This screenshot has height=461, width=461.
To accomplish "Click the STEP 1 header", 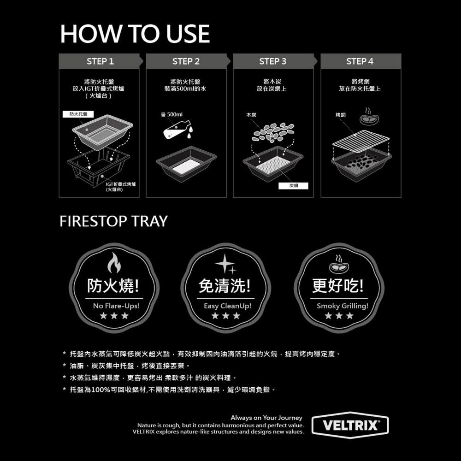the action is [x=100, y=61].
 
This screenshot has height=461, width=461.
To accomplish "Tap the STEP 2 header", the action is [x=186, y=61].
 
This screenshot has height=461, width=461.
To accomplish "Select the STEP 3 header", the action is [x=273, y=61].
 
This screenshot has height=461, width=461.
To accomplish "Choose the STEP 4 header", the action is [x=360, y=61].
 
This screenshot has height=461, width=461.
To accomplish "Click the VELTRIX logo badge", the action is [x=350, y=425].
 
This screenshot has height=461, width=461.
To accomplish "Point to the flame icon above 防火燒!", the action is [x=114, y=263].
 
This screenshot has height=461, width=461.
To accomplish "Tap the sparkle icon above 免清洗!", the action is [x=225, y=264].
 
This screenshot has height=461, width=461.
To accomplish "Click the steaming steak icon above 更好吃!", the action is [x=339, y=264].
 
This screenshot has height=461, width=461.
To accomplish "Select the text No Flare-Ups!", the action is [x=116, y=306].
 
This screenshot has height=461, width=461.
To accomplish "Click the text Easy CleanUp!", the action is [x=228, y=306].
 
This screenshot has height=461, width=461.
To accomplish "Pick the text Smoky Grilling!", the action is [x=343, y=306].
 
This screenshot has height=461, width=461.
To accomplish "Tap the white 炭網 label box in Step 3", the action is [x=293, y=186].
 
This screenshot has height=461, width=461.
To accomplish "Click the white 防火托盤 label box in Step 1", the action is [x=78, y=114].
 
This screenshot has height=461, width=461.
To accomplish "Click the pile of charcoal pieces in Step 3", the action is [x=273, y=132].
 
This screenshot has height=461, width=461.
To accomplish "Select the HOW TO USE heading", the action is [x=135, y=34].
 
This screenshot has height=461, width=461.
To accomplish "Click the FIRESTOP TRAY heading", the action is [x=113, y=221].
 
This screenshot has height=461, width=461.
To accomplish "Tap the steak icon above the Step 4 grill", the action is [x=369, y=117].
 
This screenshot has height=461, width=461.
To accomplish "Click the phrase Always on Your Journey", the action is [x=266, y=418].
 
